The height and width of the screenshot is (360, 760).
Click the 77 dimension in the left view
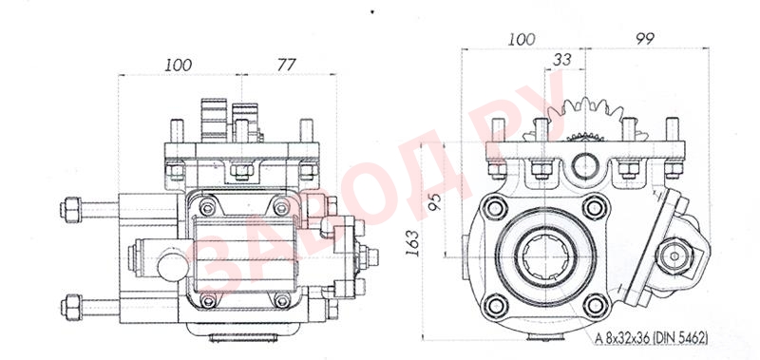(286, 64)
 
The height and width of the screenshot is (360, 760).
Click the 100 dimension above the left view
(178, 65)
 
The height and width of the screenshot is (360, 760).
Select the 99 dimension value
(645, 39)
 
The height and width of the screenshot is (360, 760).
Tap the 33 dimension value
(562, 60)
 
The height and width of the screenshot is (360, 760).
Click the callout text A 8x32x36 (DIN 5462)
(652, 338)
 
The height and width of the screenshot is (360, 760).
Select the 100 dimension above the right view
(522, 39)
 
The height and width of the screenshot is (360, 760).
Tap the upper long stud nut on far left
(70, 209)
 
